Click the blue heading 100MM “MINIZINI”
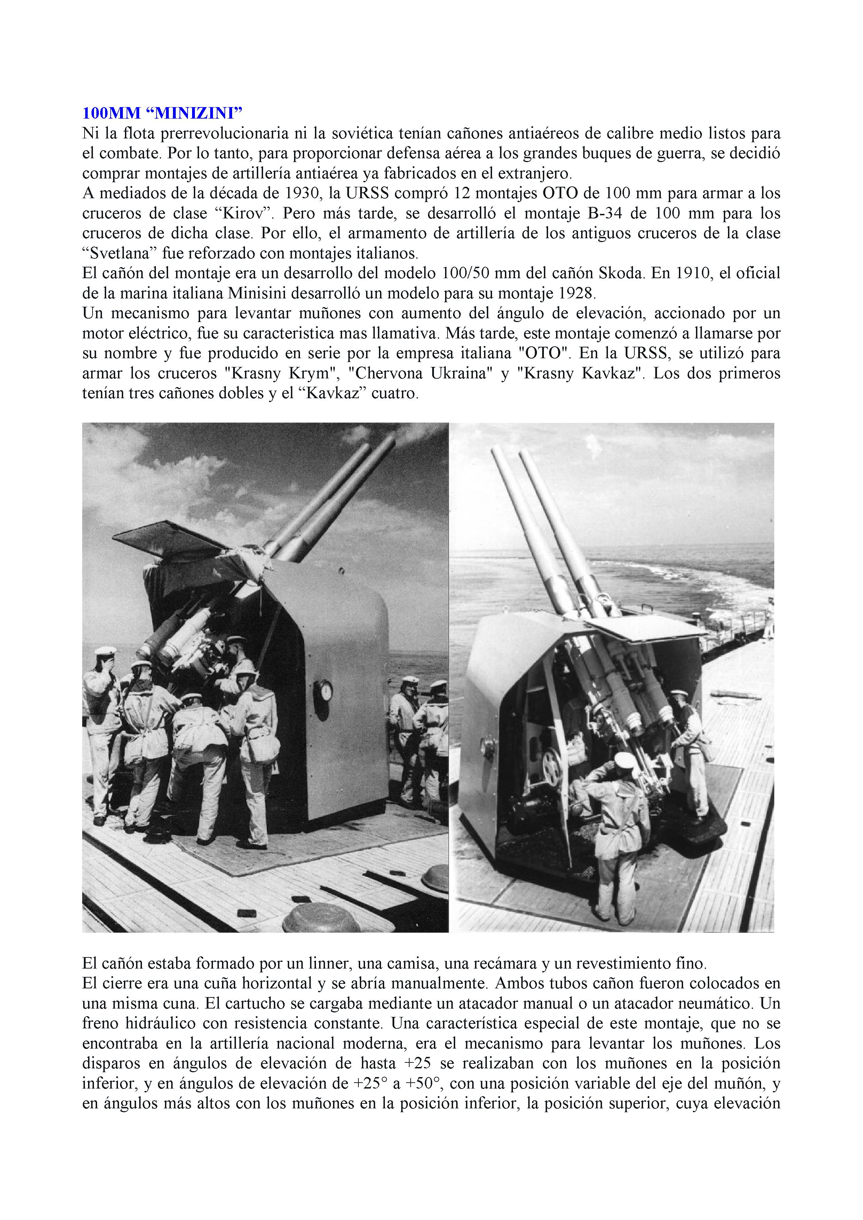(162, 113)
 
